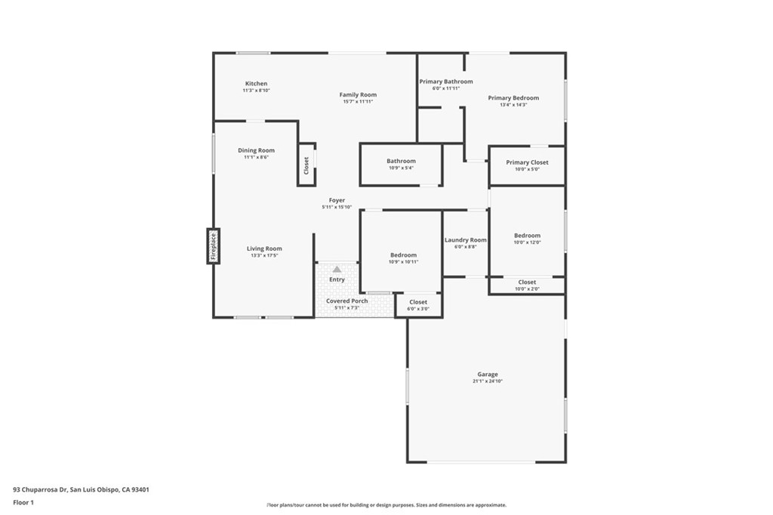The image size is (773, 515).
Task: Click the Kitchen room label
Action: (x=256, y=84)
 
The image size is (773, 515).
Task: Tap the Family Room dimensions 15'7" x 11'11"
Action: (x=358, y=101)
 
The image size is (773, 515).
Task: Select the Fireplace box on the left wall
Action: (x=214, y=246)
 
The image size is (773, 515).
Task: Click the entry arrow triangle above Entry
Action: (x=337, y=269)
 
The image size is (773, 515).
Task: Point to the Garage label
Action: (x=487, y=375)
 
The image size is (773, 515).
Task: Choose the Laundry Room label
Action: (x=465, y=240)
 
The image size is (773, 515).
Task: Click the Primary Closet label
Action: (x=527, y=162)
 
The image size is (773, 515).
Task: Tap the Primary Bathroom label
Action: (x=446, y=82)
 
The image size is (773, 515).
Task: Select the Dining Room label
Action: (x=256, y=150)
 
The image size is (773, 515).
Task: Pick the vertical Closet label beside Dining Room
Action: (x=306, y=165)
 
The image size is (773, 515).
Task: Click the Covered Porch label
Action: (x=347, y=301)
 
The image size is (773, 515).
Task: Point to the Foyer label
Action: (x=337, y=200)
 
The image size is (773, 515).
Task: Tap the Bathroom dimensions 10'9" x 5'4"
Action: (x=401, y=168)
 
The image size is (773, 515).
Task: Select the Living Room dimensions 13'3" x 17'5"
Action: (x=264, y=255)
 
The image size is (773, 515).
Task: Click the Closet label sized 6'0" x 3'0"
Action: (x=418, y=302)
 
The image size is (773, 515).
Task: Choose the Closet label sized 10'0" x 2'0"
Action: (x=527, y=282)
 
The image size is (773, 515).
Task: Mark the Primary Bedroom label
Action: (x=513, y=98)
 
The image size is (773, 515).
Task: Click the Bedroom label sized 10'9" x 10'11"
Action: (x=403, y=255)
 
